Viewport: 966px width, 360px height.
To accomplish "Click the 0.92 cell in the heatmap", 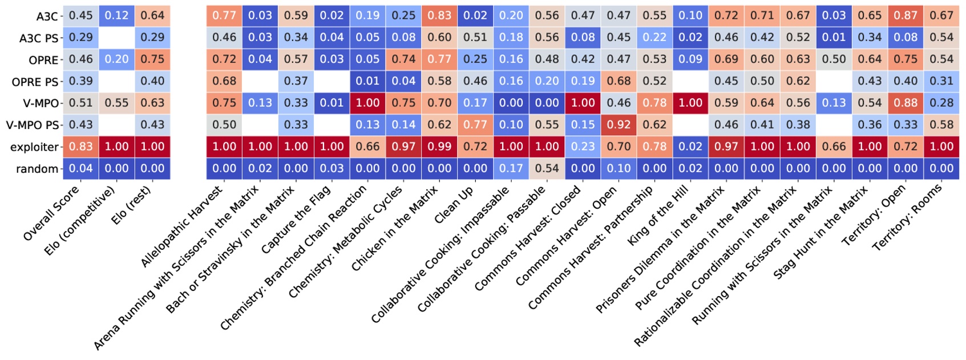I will tap(619, 124).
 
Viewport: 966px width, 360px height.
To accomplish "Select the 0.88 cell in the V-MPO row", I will tap(906, 103).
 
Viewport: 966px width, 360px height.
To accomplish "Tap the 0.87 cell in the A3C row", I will tap(906, 15).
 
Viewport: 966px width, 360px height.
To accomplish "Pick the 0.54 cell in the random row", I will tap(547, 168).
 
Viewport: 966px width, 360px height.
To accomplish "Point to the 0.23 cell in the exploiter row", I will tap(583, 147).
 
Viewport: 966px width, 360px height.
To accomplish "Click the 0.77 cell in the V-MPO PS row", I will tap(475, 124).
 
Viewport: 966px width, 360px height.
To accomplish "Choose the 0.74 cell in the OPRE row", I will tap(403, 59).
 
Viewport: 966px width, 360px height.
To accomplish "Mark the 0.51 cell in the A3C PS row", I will tap(475, 37).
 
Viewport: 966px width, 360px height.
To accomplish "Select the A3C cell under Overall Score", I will tap(80, 15).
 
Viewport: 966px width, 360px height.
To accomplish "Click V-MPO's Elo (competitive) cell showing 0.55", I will tap(116, 103).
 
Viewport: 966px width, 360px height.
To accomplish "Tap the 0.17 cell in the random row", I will tap(511, 168).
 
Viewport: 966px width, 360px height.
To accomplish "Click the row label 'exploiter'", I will tap(34, 147).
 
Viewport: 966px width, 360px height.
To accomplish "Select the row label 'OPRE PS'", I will tap(35, 82).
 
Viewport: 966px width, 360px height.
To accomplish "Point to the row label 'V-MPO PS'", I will tap(33, 125).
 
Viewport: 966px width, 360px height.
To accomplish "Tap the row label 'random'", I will tap(37, 169).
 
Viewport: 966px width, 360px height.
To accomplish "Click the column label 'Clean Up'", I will tap(454, 205).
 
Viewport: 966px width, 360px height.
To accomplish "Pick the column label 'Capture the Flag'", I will tap(296, 220).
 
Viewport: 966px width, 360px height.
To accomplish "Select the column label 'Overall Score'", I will tap(51, 213).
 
